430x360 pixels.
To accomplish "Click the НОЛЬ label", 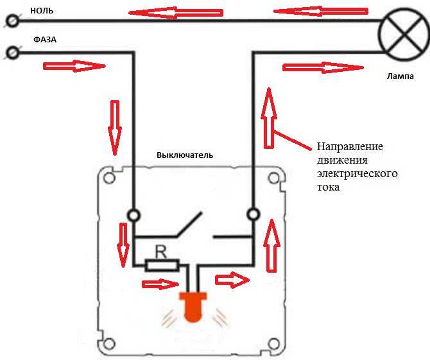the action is [42, 11].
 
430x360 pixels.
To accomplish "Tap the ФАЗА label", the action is [45, 40].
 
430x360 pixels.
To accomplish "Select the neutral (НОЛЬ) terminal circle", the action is [12, 21].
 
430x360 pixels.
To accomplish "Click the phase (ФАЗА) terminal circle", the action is [12, 53].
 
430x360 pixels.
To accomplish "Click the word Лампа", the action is [400, 76].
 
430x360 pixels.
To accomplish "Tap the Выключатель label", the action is [185, 155].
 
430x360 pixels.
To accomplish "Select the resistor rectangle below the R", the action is [162, 265].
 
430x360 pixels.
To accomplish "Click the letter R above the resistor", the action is [161, 253].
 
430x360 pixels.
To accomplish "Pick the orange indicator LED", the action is [193, 307].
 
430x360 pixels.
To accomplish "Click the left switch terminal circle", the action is [134, 215].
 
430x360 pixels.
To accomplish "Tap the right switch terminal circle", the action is [253, 214].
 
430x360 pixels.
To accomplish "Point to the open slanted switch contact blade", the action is [189, 224].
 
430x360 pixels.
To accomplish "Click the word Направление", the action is [350, 146].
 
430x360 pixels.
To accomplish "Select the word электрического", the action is [357, 173].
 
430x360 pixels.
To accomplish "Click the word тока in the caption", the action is [329, 187].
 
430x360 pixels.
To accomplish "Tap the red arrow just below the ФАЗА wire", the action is [74, 66].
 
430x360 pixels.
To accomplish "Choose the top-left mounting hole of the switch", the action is [109, 178].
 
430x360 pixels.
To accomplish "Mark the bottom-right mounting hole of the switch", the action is [273, 344].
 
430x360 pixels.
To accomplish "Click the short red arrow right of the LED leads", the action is [232, 280].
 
